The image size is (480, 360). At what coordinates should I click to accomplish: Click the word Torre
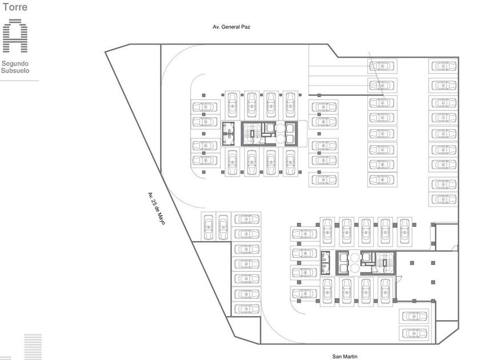[x=15, y=7]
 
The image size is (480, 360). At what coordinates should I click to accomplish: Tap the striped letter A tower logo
[x=15, y=35]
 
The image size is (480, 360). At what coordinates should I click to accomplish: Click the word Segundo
[x=15, y=63]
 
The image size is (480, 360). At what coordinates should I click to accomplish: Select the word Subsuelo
[x=15, y=71]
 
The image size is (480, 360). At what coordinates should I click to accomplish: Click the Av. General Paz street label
[x=231, y=27]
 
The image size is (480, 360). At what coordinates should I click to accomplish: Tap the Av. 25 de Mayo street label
[x=157, y=208]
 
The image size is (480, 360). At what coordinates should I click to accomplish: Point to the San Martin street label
[x=345, y=357]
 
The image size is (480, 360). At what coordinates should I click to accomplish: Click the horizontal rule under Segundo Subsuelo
[x=19, y=81]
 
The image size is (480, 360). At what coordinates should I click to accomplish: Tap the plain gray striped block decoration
[x=33, y=346]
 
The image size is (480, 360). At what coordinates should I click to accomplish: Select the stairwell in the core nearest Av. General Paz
[x=251, y=134]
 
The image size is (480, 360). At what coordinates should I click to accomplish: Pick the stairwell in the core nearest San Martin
[x=385, y=262]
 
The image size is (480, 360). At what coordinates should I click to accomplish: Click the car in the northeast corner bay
[x=443, y=66]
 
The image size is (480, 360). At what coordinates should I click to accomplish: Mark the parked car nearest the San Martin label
[x=414, y=333]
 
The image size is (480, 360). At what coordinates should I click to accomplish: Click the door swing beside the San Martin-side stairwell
[x=399, y=279]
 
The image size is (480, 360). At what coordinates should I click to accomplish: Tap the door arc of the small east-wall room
[x=455, y=248]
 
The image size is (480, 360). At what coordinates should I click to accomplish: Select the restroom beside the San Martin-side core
[x=325, y=263]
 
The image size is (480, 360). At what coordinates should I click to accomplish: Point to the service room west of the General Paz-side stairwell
[x=229, y=134]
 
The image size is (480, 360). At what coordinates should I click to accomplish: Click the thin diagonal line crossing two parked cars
[x=376, y=74]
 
